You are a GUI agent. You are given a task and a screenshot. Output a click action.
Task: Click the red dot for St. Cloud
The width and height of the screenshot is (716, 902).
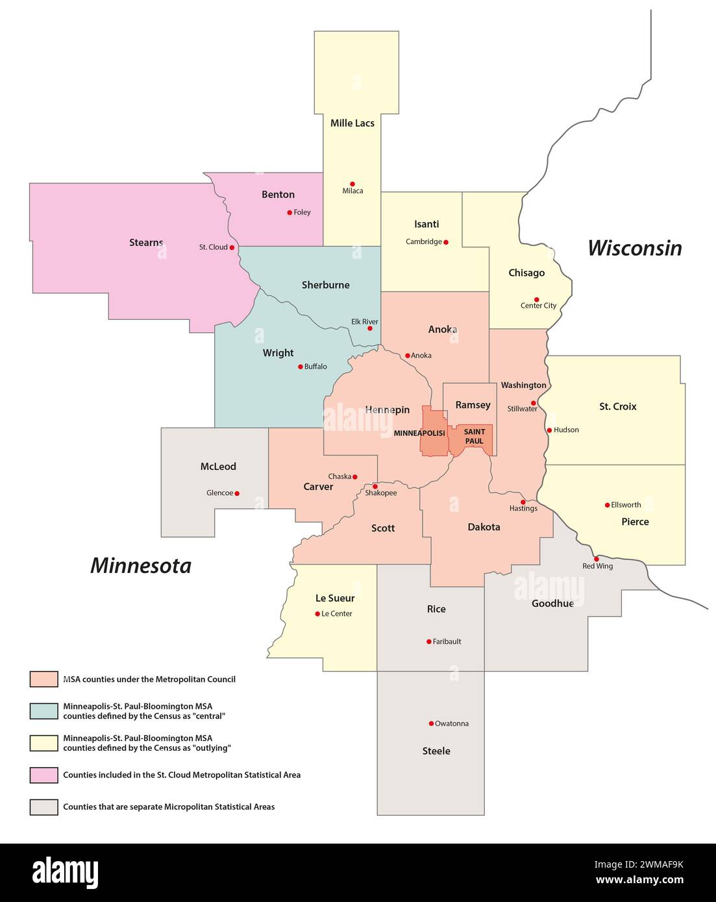pos(232,247)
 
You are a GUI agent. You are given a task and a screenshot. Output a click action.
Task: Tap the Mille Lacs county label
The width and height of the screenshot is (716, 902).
pos(352,123)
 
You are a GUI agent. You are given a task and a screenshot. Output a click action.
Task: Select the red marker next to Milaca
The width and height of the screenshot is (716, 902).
pos(352,184)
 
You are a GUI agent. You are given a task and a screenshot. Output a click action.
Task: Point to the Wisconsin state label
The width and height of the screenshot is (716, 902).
pos(634,248)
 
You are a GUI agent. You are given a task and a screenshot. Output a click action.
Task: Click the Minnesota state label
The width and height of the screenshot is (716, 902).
pos(141,566)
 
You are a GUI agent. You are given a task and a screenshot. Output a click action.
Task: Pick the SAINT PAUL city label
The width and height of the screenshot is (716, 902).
pos(475,436)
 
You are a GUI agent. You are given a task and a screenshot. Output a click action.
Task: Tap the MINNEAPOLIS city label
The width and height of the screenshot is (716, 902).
pos(419,433)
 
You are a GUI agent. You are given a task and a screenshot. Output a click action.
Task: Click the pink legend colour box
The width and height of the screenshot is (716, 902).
pos(43,775)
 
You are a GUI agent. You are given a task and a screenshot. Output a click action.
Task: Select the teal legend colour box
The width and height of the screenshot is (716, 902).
pos(43,711)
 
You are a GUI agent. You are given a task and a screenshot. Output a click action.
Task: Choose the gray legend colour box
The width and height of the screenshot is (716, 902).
pos(43,807)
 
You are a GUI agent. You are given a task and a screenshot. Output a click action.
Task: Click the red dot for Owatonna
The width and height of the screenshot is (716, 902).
pos(431,724)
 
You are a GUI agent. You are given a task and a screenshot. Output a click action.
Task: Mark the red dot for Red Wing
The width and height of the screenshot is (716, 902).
pos(596,559)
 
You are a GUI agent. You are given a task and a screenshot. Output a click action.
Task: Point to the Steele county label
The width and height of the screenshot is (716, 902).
pos(436,751)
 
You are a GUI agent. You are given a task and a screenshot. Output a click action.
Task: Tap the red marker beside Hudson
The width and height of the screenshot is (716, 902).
pos(549,430)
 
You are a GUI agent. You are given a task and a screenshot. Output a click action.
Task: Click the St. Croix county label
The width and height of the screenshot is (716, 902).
pos(617,407)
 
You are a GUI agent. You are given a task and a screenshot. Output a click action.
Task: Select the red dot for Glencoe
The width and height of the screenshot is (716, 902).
pos(237,493)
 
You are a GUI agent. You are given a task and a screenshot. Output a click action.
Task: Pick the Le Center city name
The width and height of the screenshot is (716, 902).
pos(337,614)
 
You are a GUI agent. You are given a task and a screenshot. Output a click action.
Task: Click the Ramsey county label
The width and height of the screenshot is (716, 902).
pos(473,405)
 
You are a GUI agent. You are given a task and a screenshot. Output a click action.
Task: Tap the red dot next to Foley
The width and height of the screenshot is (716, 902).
pos(290,212)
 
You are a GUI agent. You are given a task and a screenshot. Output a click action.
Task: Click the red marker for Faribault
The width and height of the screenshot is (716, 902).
pos(429,642)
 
